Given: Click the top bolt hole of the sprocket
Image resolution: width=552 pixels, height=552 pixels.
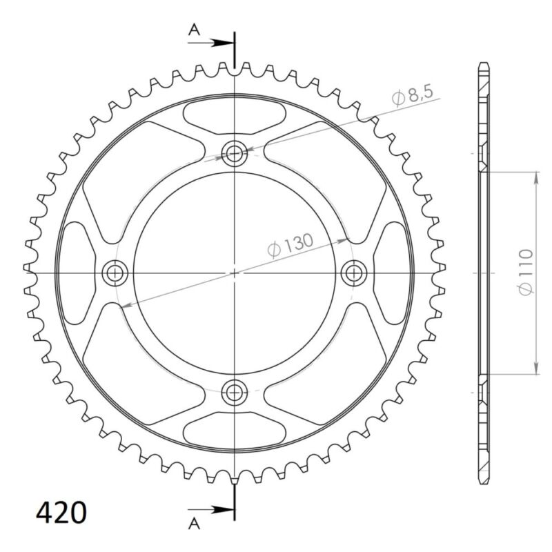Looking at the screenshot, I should pos(235,153).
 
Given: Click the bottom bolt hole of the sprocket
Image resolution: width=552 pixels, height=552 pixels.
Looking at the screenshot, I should pos(235,392).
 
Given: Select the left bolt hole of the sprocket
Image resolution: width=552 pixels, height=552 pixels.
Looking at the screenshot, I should pos(115,273).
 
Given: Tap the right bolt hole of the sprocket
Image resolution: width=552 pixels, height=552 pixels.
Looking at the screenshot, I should pos(354,273).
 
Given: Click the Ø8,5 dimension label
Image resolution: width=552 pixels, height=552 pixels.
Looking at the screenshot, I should pos(416,97).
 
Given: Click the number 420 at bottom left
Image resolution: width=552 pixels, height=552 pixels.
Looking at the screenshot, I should pos(61,513).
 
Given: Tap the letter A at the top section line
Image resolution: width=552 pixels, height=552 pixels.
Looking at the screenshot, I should pos(195,29).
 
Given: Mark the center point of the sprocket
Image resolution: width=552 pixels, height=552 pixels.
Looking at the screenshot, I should pos(235,273).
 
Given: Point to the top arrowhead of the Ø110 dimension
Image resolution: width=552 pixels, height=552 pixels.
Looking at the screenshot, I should pos(536,175).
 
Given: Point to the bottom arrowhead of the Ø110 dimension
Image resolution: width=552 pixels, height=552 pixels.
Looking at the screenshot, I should pos(536,369).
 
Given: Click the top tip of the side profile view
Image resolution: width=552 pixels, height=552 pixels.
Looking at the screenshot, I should pos(484,64).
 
